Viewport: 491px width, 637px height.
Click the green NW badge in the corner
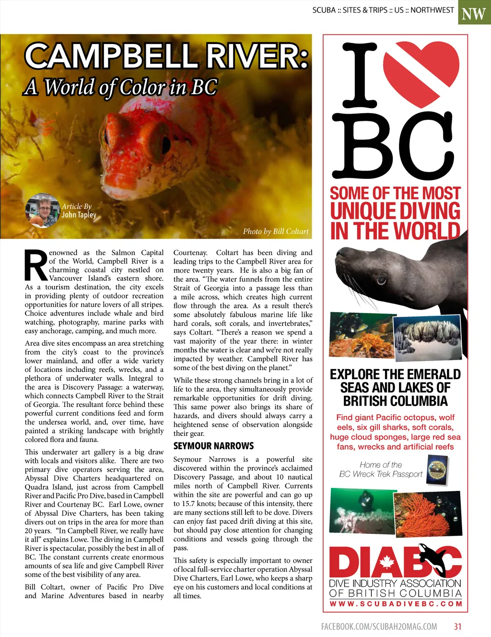(x=474, y=13)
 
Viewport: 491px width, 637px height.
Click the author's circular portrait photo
(x=42, y=210)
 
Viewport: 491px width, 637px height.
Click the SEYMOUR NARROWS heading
(x=213, y=446)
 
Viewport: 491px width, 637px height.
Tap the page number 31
(x=458, y=626)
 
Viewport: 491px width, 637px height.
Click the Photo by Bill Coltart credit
(x=276, y=232)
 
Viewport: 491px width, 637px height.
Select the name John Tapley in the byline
(x=79, y=215)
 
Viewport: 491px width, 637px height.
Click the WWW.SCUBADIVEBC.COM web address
(x=396, y=604)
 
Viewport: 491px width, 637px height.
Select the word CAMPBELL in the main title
(x=111, y=56)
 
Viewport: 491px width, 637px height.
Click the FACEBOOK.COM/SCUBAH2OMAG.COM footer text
(x=379, y=626)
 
